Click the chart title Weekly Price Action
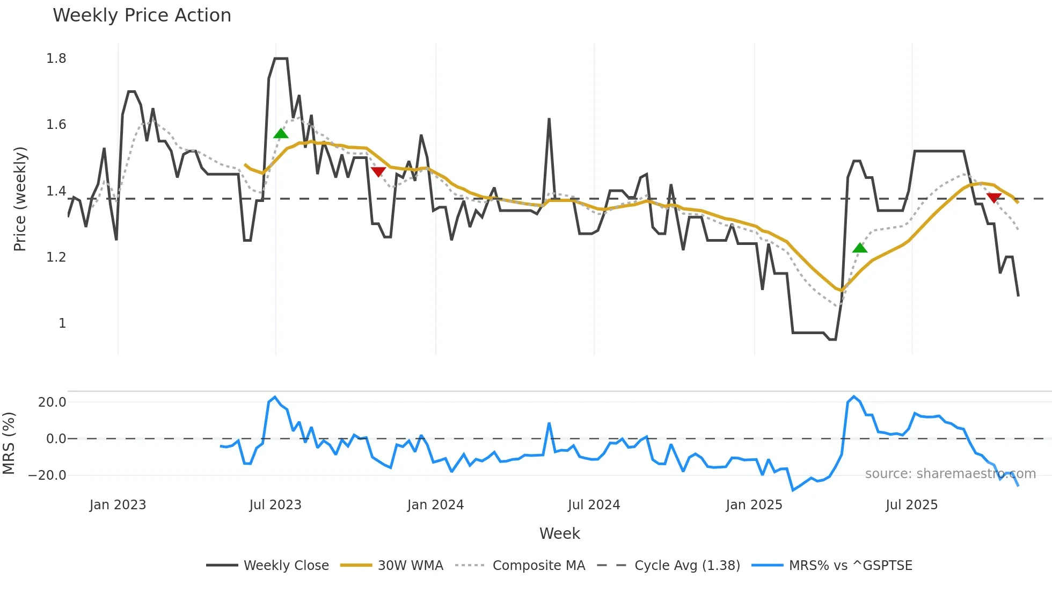[x=142, y=16]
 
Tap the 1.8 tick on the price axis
[x=56, y=59]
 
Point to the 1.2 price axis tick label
[x=56, y=257]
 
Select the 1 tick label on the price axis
[x=62, y=323]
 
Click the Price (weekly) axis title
[x=20, y=199]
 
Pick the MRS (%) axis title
[x=9, y=443]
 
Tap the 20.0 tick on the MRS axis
[x=52, y=402]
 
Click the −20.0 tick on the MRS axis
[x=47, y=475]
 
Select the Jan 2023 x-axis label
[x=118, y=505]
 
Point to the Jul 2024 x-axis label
[x=594, y=505]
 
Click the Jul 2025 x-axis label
[x=911, y=505]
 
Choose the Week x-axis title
[x=559, y=533]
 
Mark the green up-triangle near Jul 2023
[x=281, y=134]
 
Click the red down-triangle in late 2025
[x=994, y=198]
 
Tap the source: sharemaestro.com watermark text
[x=950, y=474]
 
